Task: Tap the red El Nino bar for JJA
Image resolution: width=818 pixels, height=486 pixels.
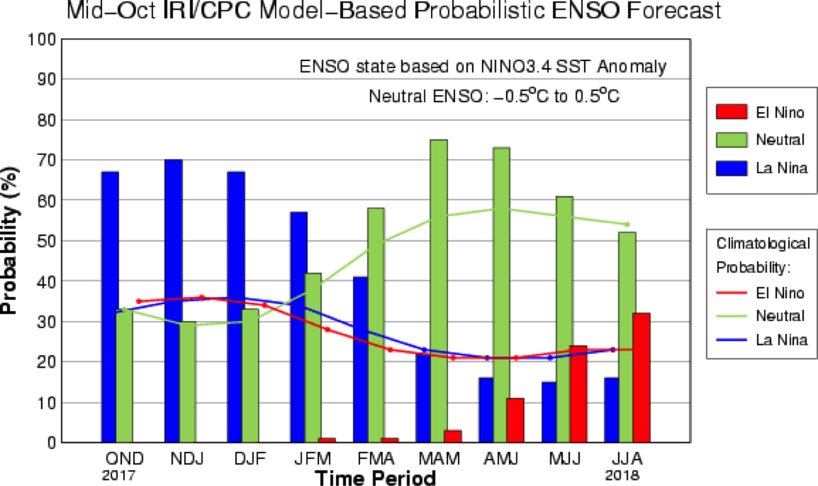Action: tap(641, 378)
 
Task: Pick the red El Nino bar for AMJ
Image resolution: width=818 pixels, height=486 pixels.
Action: tap(515, 420)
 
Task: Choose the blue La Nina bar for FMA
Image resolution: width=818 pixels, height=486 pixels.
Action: tap(361, 359)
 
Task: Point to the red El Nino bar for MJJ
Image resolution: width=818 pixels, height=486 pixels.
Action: tap(578, 393)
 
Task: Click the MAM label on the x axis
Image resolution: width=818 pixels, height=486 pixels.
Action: tap(439, 458)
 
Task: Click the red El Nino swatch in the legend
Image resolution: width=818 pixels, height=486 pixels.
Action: tap(731, 113)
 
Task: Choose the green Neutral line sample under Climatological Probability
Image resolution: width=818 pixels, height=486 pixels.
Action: tap(731, 316)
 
